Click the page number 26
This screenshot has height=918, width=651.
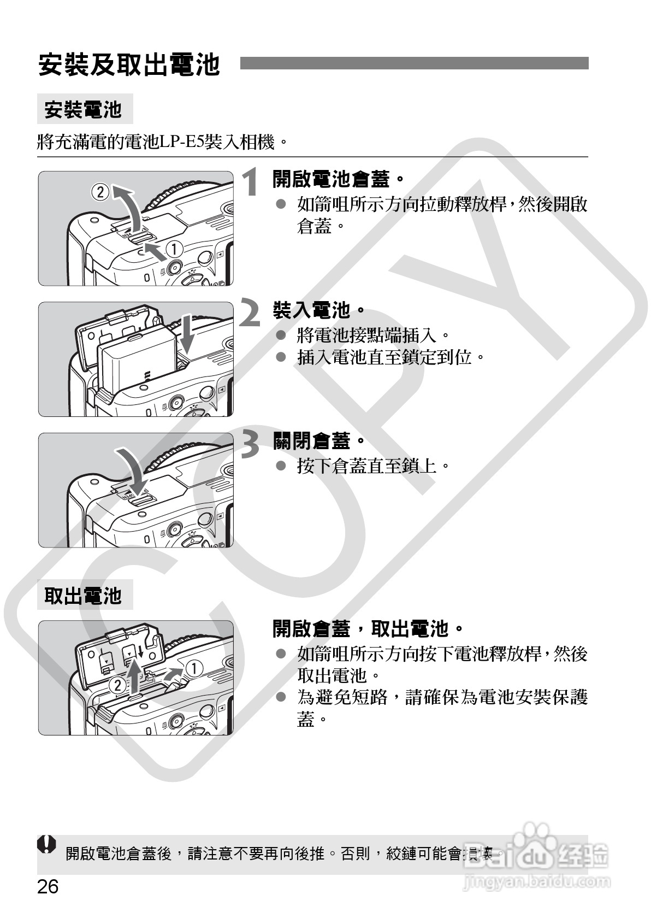click(48, 886)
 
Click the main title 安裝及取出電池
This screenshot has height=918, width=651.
click(129, 65)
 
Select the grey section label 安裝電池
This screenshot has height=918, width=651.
click(83, 109)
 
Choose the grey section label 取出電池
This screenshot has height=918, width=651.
click(83, 595)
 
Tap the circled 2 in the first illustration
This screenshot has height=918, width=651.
click(100, 192)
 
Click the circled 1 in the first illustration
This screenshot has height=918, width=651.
click(174, 249)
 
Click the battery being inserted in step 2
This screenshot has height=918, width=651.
click(137, 363)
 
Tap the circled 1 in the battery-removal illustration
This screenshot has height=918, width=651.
click(194, 668)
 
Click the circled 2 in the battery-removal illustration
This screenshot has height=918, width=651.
click(116, 685)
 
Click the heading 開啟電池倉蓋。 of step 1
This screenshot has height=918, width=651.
click(338, 178)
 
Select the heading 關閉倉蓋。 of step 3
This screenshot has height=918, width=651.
click(318, 440)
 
